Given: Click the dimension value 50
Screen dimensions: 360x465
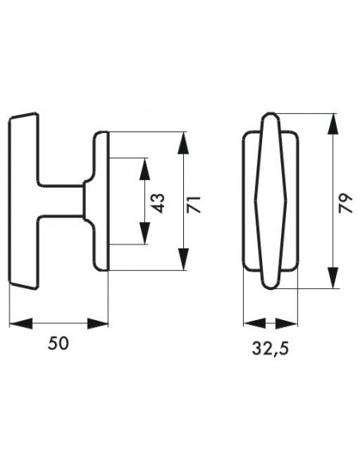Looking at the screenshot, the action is (58, 343).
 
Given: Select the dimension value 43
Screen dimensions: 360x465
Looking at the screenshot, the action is (159, 203).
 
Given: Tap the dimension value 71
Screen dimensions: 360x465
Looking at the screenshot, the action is (194, 204).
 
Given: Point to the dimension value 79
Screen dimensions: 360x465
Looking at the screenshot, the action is (346, 203).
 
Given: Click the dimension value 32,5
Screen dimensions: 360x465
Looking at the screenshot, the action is (270, 349).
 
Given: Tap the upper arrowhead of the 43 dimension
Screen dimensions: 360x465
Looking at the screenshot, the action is (145, 169).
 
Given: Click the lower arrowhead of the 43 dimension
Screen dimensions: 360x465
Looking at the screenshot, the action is (145, 233).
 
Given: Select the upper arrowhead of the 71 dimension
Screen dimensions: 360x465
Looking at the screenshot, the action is (183, 143).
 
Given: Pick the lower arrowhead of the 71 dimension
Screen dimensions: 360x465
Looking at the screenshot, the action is (183, 260).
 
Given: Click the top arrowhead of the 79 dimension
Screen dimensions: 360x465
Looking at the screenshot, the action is (333, 124).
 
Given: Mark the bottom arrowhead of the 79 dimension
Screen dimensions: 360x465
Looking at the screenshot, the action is (333, 277).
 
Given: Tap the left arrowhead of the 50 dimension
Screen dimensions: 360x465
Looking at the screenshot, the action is (21, 323).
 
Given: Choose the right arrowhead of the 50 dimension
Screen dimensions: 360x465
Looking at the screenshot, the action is (98, 323).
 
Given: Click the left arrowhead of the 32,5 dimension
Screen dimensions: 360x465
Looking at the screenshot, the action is (254, 323).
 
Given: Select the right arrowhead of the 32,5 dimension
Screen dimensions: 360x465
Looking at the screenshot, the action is (286, 323).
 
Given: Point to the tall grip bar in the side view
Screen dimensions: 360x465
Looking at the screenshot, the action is (24, 201).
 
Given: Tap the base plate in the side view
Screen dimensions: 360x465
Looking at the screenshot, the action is (101, 201).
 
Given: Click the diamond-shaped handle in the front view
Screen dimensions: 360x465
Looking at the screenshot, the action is (271, 201).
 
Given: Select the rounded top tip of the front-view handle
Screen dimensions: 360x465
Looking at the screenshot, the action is (270, 113).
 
